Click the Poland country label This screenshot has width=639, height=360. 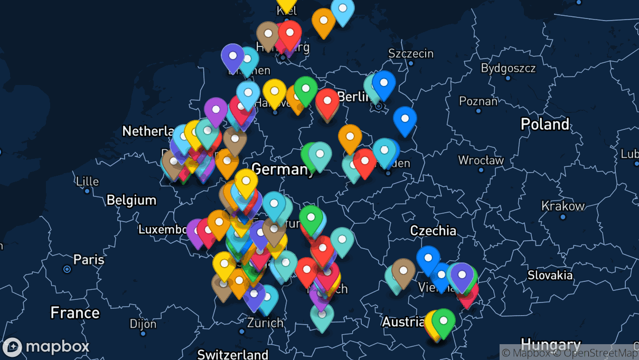(545, 125)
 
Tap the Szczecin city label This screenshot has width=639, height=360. (410, 53)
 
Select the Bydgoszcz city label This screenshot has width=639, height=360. (508, 68)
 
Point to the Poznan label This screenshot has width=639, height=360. (478, 101)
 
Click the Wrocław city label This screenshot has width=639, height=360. (481, 160)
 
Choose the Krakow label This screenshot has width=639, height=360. (563, 206)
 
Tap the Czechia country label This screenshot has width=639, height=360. (433, 231)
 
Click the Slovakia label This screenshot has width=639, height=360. (550, 275)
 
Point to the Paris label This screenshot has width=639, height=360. (89, 260)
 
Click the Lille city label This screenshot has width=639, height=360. (87, 182)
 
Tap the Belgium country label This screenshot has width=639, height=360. (131, 201)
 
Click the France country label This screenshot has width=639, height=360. (74, 313)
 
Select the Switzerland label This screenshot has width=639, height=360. (232, 354)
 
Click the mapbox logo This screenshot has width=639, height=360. (46, 347)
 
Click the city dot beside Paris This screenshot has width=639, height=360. (67, 269)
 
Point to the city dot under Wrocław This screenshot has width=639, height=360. (481, 170)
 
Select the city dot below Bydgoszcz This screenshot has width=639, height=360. (508, 78)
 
